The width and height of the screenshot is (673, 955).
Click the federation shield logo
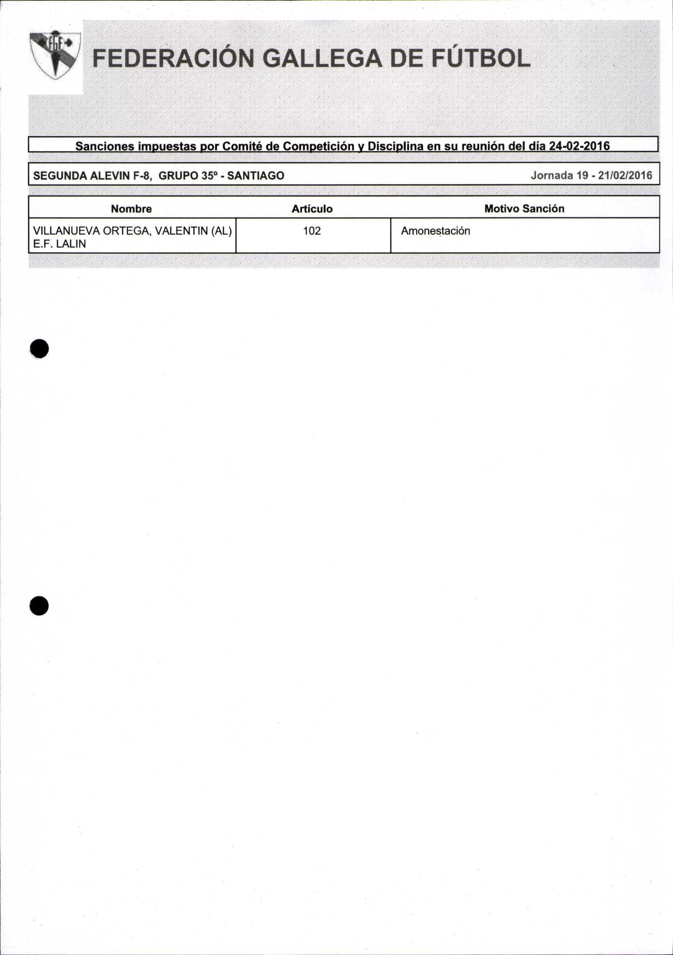coord(55,54)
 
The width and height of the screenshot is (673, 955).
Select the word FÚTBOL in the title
coord(480,59)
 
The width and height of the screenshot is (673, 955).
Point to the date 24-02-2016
coord(580,146)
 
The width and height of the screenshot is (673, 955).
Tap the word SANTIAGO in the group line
coord(256,176)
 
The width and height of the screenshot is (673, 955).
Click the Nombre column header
coord(131,209)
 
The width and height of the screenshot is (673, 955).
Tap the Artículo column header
coord(312,209)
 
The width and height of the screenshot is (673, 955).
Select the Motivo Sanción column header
coord(524,208)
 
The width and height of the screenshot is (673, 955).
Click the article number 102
coord(312,231)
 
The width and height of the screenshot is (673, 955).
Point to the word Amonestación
coord(435,231)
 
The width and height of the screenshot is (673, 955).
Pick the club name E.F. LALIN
coord(59,244)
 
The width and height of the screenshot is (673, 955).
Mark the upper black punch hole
coord(39,348)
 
